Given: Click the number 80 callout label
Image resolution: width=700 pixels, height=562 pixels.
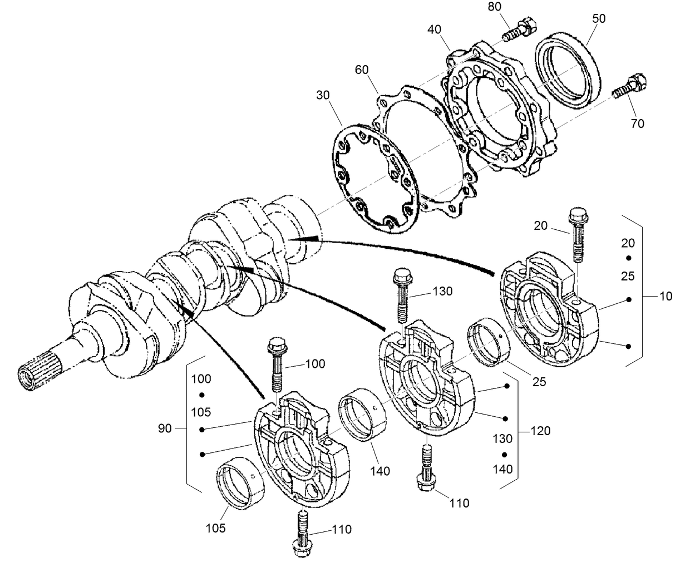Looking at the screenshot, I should [494, 7].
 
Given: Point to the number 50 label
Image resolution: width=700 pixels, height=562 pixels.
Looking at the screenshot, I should [598, 18].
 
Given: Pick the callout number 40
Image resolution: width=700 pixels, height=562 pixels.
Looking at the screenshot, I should [435, 28].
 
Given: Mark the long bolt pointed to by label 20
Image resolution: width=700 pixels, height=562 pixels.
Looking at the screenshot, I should [577, 234].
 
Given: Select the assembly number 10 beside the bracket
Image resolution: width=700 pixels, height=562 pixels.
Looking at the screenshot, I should [666, 296].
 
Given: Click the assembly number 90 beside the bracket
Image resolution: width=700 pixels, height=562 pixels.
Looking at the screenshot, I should [165, 428].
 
